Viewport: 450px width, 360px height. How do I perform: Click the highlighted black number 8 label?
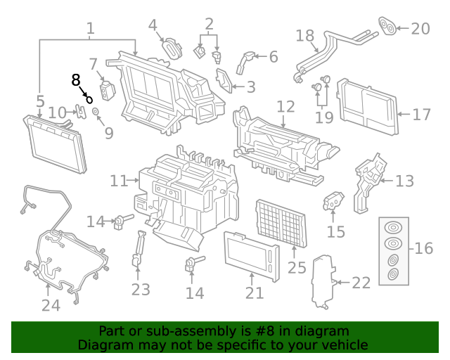coord(76,80)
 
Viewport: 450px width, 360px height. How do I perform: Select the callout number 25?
coord(297,267)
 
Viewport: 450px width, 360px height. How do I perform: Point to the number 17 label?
coord(421,114)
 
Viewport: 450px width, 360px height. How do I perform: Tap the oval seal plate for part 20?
coord(386,26)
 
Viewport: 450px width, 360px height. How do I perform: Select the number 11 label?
coord(118,181)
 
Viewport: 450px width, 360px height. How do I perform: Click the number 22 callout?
coord(360,283)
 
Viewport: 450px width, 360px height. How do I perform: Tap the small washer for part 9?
coord(96,112)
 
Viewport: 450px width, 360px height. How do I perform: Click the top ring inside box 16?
coord(394,229)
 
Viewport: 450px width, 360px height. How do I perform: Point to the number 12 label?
coord(285,107)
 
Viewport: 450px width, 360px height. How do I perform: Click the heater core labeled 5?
coord(58,146)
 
